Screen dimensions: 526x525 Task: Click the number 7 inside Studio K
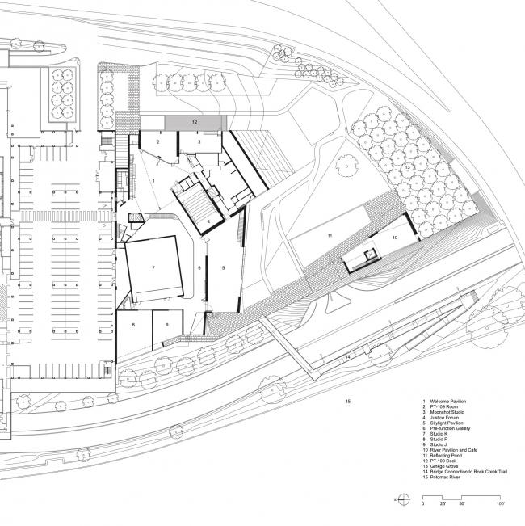152,266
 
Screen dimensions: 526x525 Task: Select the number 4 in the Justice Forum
208,221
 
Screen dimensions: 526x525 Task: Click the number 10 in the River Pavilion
396,238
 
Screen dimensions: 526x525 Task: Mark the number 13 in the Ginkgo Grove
408,168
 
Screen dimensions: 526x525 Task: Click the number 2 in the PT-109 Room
158,141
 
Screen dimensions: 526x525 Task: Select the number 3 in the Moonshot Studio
199,141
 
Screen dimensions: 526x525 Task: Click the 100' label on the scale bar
500,503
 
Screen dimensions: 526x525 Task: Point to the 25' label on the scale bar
442,503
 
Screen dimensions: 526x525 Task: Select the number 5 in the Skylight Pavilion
224,267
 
